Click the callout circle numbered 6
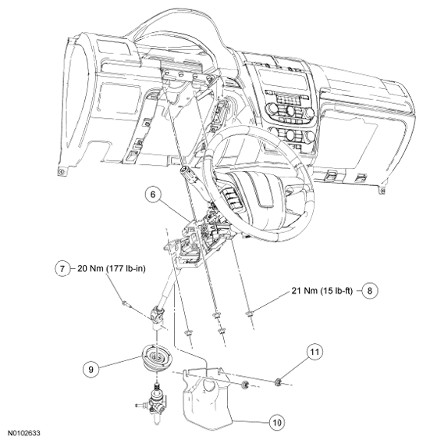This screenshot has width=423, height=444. [x=153, y=195]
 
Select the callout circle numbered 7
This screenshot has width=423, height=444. [x=62, y=268]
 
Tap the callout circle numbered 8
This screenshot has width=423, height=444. [x=370, y=291]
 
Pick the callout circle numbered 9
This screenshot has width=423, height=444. [x=91, y=370]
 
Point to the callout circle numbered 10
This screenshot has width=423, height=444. [x=277, y=422]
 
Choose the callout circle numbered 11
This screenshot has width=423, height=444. [x=315, y=352]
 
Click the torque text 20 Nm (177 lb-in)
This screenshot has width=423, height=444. [x=112, y=268]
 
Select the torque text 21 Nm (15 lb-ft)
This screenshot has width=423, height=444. [x=322, y=291]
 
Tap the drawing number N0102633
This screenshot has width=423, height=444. [x=24, y=433]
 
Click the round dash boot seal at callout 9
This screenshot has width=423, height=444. [x=156, y=360]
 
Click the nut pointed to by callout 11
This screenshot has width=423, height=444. [x=279, y=382]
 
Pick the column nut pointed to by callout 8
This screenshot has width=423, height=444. [x=249, y=313]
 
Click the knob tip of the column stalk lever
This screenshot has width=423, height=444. [x=185, y=172]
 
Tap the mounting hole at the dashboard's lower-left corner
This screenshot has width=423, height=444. [x=62, y=172]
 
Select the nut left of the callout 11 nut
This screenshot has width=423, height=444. [x=244, y=385]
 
